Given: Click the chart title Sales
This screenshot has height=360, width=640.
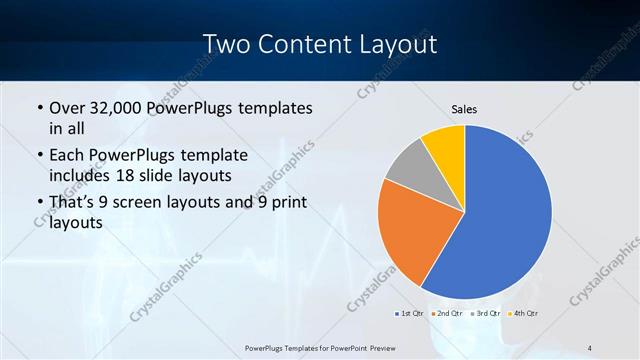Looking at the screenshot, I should (464, 108).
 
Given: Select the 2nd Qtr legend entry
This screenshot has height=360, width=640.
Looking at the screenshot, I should (447, 314).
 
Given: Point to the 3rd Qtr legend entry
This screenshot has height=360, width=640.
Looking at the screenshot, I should (485, 314).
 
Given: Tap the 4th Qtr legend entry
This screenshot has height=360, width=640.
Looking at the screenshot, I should (523, 314).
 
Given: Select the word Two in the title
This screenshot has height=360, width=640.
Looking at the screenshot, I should (225, 44).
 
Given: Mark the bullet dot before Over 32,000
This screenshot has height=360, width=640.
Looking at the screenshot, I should (39, 108).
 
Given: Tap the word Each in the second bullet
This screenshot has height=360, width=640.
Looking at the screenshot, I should (68, 156).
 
